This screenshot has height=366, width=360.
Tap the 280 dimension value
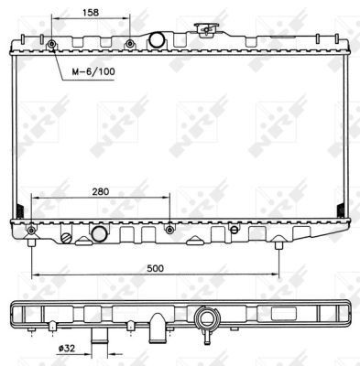[x=102, y=192]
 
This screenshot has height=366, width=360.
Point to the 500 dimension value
[x=154, y=268]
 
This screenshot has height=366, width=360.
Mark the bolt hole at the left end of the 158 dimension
[x=52, y=44]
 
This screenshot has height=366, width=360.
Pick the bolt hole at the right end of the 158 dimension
[x=130, y=44]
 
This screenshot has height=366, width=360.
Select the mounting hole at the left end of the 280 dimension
[x=32, y=228]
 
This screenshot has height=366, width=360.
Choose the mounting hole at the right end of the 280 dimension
[x=169, y=228]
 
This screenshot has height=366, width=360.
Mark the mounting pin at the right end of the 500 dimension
[x=278, y=243]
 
